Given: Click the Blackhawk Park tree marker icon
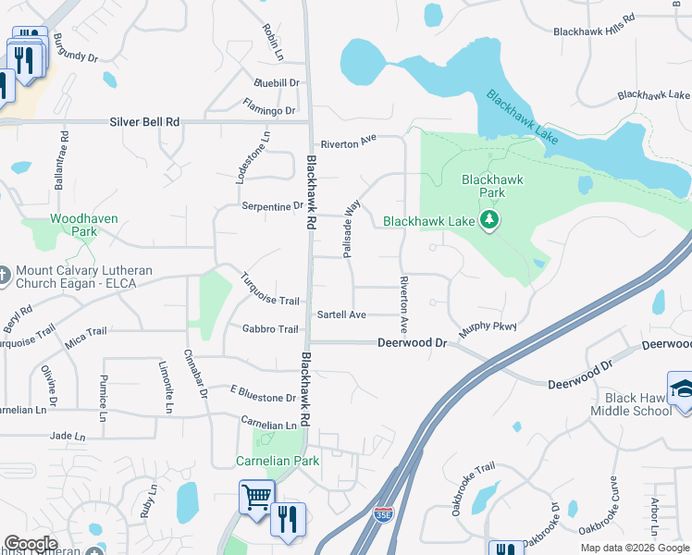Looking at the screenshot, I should pos(489,220).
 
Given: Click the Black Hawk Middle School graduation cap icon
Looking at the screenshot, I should pos(682,388).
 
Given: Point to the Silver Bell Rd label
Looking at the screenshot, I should pos(144,121).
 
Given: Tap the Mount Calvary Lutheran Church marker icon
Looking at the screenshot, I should pos(6,272).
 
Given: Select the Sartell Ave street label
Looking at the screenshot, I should pos(341,314).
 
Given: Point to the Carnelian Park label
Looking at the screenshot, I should pos(278,461).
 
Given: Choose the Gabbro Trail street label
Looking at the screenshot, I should pos(270,329).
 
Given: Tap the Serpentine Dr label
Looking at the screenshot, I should pos(272,206).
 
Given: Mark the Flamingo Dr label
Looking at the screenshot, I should pos(268,107).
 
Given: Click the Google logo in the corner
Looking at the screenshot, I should pos(31,544).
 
